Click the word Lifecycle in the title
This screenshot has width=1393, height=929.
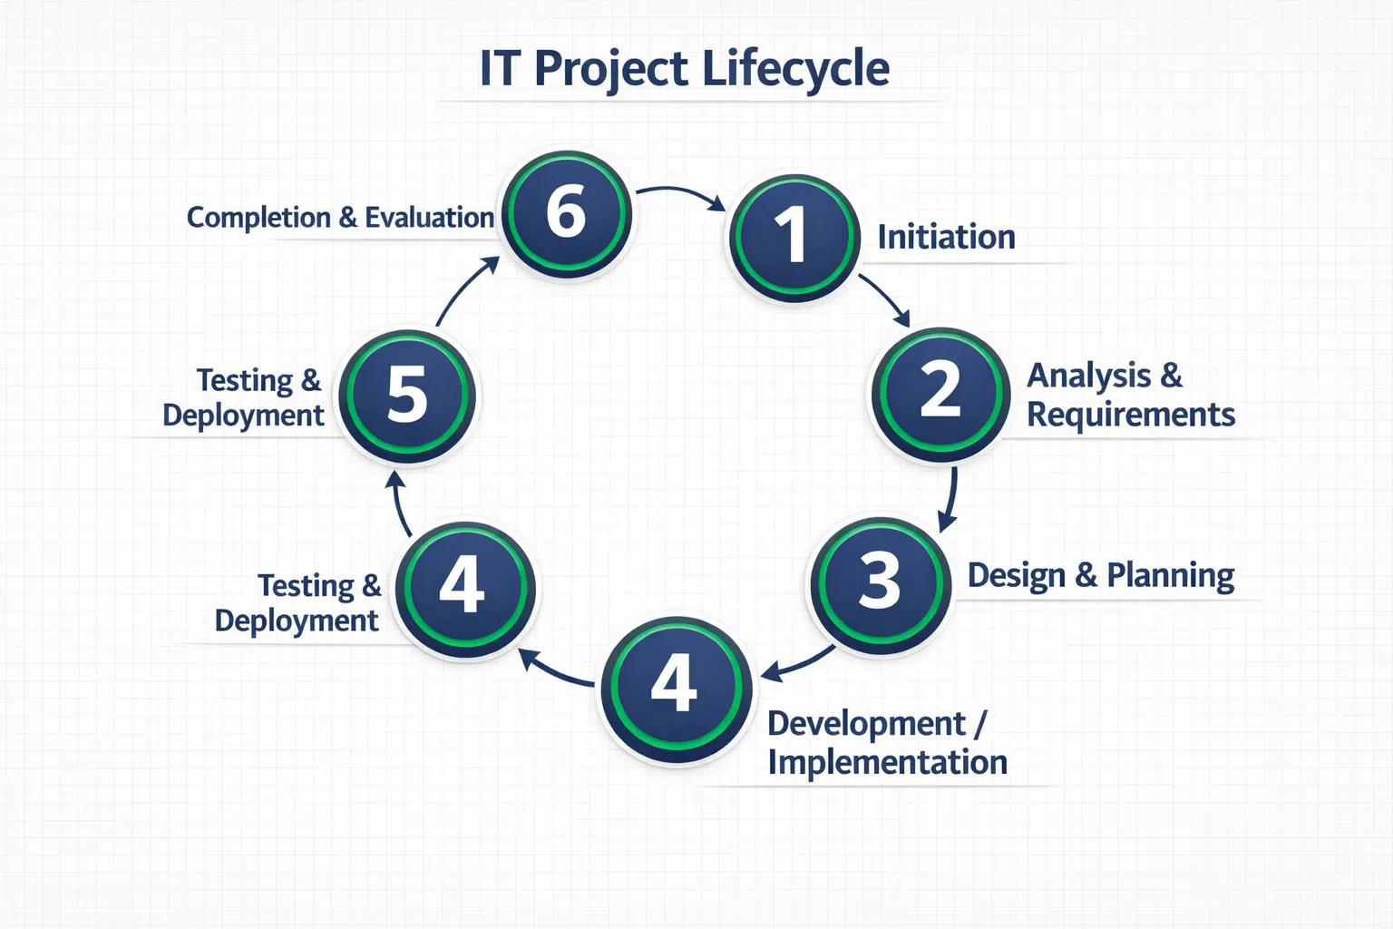point(795,69)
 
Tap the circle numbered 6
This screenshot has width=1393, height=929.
point(567,214)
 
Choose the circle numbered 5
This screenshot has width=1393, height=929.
point(408,396)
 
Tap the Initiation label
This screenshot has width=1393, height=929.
point(946,238)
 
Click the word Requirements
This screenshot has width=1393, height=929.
point(1130,415)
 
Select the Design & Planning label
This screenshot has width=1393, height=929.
point(1100,576)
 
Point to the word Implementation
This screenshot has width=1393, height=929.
point(887,762)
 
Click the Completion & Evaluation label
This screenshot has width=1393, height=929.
point(340,218)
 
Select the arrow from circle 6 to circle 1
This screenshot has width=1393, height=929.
point(680,193)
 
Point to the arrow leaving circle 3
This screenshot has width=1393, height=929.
point(798,663)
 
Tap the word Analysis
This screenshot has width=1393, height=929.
point(1088,376)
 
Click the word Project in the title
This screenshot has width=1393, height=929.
point(610,69)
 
